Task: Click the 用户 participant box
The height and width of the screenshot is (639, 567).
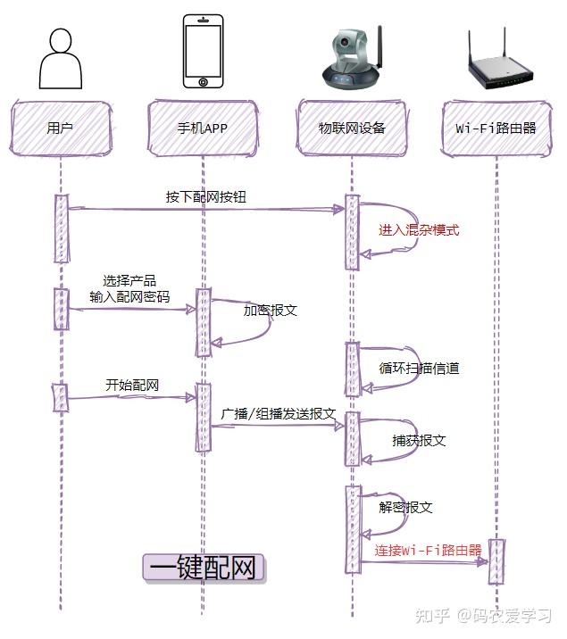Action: tap(60, 128)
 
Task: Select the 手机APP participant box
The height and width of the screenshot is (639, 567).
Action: tap(203, 128)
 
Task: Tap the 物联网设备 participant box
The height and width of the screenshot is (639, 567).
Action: tap(352, 128)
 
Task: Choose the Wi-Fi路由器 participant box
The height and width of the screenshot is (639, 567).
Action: tap(496, 128)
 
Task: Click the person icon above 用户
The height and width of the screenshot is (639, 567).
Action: tap(60, 58)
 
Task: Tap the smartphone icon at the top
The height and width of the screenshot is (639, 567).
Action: tap(203, 51)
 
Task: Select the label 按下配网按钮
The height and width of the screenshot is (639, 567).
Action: tap(204, 196)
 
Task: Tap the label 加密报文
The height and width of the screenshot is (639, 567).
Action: tap(271, 311)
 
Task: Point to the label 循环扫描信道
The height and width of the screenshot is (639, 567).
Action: tap(419, 368)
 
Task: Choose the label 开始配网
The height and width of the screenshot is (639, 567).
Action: tap(132, 386)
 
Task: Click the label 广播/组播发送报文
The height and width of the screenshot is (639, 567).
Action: tap(279, 414)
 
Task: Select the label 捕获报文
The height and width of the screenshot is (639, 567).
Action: tap(419, 441)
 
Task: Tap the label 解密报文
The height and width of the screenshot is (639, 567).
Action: tap(405, 507)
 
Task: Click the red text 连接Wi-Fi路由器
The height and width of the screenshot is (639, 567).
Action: tap(428, 550)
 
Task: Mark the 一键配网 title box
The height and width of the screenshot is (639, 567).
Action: tap(204, 568)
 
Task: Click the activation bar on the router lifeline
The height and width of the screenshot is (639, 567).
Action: tap(496, 561)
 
